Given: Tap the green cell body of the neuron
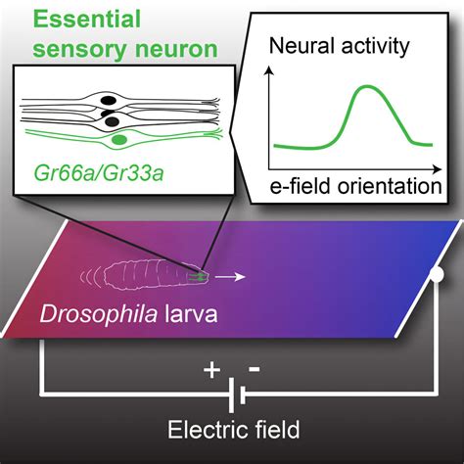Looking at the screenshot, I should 119,142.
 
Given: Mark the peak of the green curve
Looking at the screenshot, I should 366,87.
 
